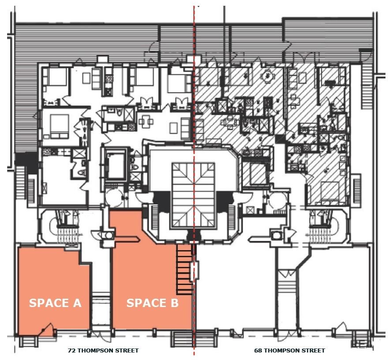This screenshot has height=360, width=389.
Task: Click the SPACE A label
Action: pos(55,303)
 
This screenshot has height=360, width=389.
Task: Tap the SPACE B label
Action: pos(152,303)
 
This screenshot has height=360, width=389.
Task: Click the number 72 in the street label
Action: pos(71,351)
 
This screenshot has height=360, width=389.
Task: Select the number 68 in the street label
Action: pos(258,351)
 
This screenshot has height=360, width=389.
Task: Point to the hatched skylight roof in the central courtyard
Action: pos(193,195)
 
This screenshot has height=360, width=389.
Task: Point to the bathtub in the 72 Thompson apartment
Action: pos(116,164)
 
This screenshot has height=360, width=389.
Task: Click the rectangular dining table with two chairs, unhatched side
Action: pos(146,122)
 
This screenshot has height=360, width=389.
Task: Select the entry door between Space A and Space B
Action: pos(101,334)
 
